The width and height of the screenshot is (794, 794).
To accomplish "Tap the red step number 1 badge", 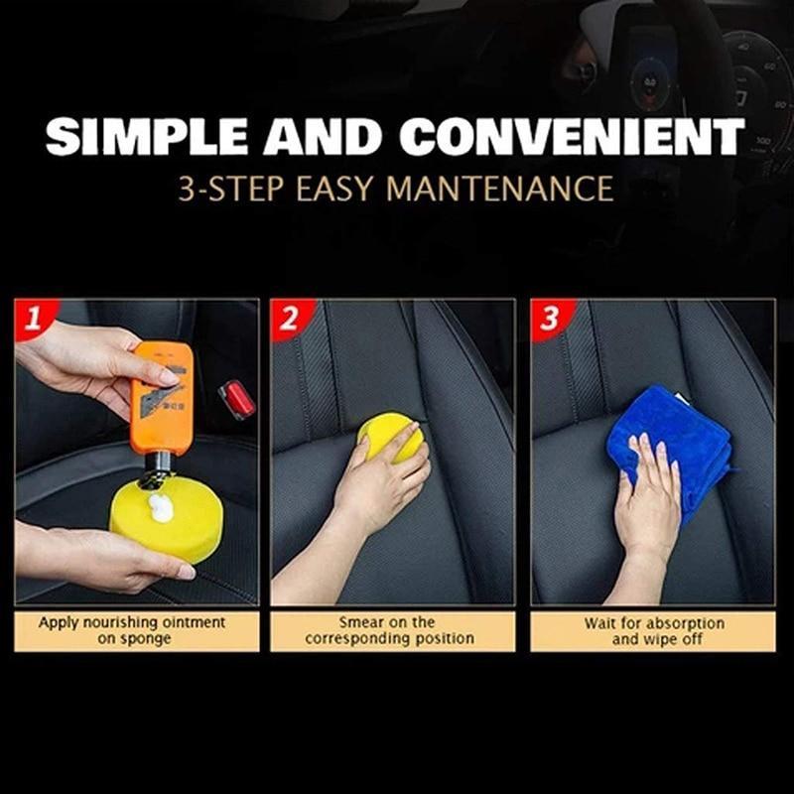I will point(33,319).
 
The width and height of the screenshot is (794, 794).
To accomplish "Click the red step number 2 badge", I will point(289,319).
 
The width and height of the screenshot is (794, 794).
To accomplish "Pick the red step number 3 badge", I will point(548,319).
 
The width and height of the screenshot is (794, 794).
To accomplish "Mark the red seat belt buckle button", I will point(236,399).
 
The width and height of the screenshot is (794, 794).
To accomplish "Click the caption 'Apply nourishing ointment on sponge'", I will point(132,630).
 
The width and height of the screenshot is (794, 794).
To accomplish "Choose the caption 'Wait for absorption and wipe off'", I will point(653,630).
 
